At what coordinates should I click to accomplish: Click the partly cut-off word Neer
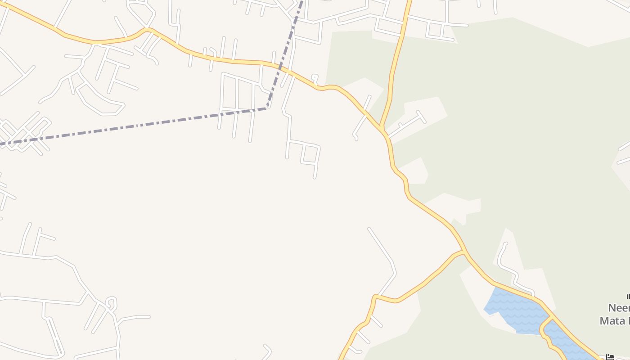point(619,308)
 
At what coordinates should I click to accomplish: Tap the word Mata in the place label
point(612,321)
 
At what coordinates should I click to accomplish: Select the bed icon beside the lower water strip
point(610,357)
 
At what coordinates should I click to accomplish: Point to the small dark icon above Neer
point(628,296)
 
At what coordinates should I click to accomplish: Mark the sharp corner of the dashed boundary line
point(267,108)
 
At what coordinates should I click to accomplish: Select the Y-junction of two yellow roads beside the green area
point(382,128)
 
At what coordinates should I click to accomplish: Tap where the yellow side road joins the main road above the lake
point(464,252)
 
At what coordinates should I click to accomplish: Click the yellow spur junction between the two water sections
point(550,318)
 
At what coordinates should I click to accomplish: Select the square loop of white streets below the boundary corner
point(310,153)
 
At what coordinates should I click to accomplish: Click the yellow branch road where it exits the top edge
point(409,2)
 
